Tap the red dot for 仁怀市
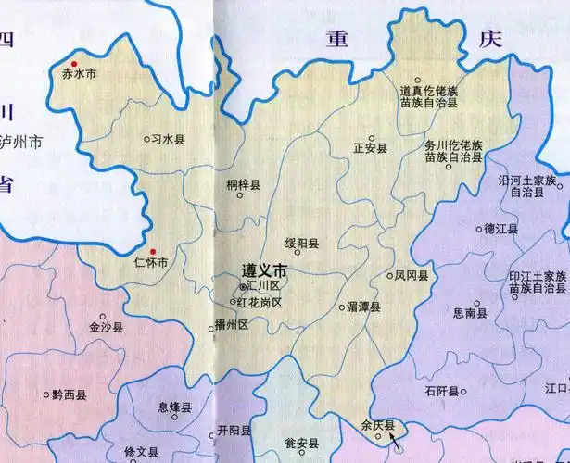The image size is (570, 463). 155,250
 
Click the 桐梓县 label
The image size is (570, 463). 244,185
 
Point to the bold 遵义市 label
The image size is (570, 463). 264,270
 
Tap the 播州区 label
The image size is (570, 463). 232,325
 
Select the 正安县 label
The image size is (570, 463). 371,147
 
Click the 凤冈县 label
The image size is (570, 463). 411,276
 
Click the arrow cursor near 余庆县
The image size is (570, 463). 396,445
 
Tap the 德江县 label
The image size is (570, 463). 500,229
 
